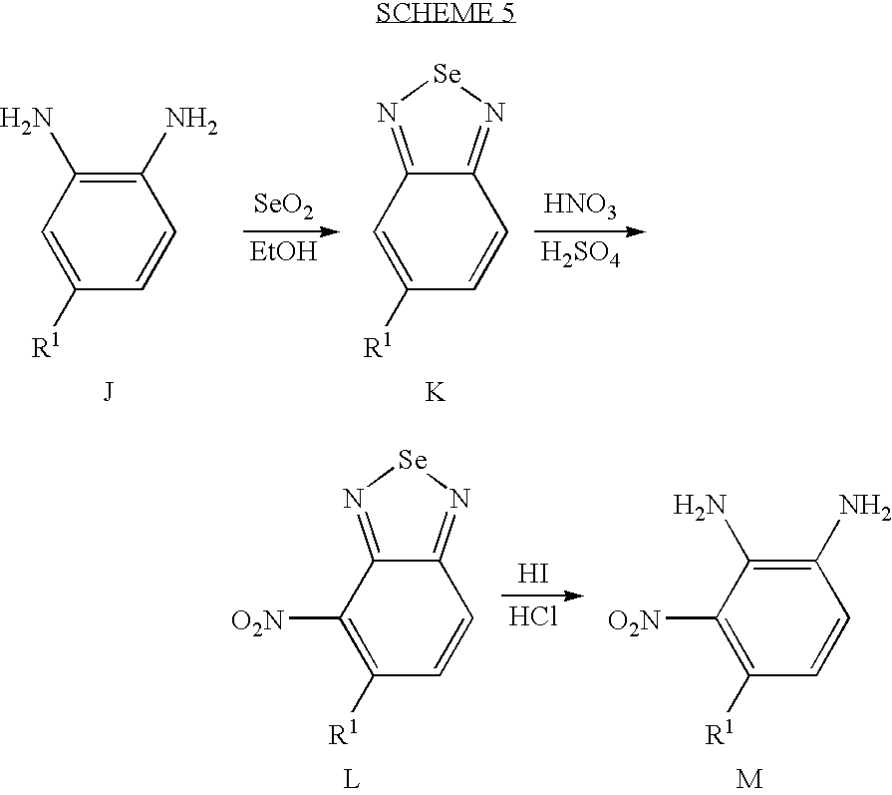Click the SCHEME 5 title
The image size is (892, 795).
pyautogui.click(x=446, y=13)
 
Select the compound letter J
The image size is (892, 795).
pyautogui.click(x=108, y=391)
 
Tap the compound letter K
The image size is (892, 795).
pyautogui.click(x=436, y=391)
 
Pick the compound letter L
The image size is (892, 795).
pyautogui.click(x=352, y=778)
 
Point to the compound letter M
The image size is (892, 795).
pyautogui.click(x=749, y=778)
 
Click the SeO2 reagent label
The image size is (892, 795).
pyautogui.click(x=283, y=205)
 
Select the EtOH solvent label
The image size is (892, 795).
pyautogui.click(x=283, y=251)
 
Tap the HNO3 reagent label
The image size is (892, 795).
pyautogui.click(x=580, y=205)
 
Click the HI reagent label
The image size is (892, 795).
pyautogui.click(x=533, y=574)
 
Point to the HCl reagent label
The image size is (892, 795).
pyautogui.click(x=533, y=616)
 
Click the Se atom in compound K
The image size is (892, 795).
pyautogui.click(x=447, y=74)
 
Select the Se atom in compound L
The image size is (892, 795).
pyautogui.click(x=413, y=460)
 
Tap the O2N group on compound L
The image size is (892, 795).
pyautogui.click(x=257, y=620)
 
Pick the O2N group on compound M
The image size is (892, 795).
pyautogui.click(x=634, y=620)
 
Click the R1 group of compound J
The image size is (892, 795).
pyautogui.click(x=46, y=345)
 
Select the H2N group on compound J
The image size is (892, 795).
pyautogui.click(x=26, y=120)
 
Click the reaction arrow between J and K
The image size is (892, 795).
pyautogui.click(x=291, y=231)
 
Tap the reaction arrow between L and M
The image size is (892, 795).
pyautogui.click(x=543, y=596)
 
